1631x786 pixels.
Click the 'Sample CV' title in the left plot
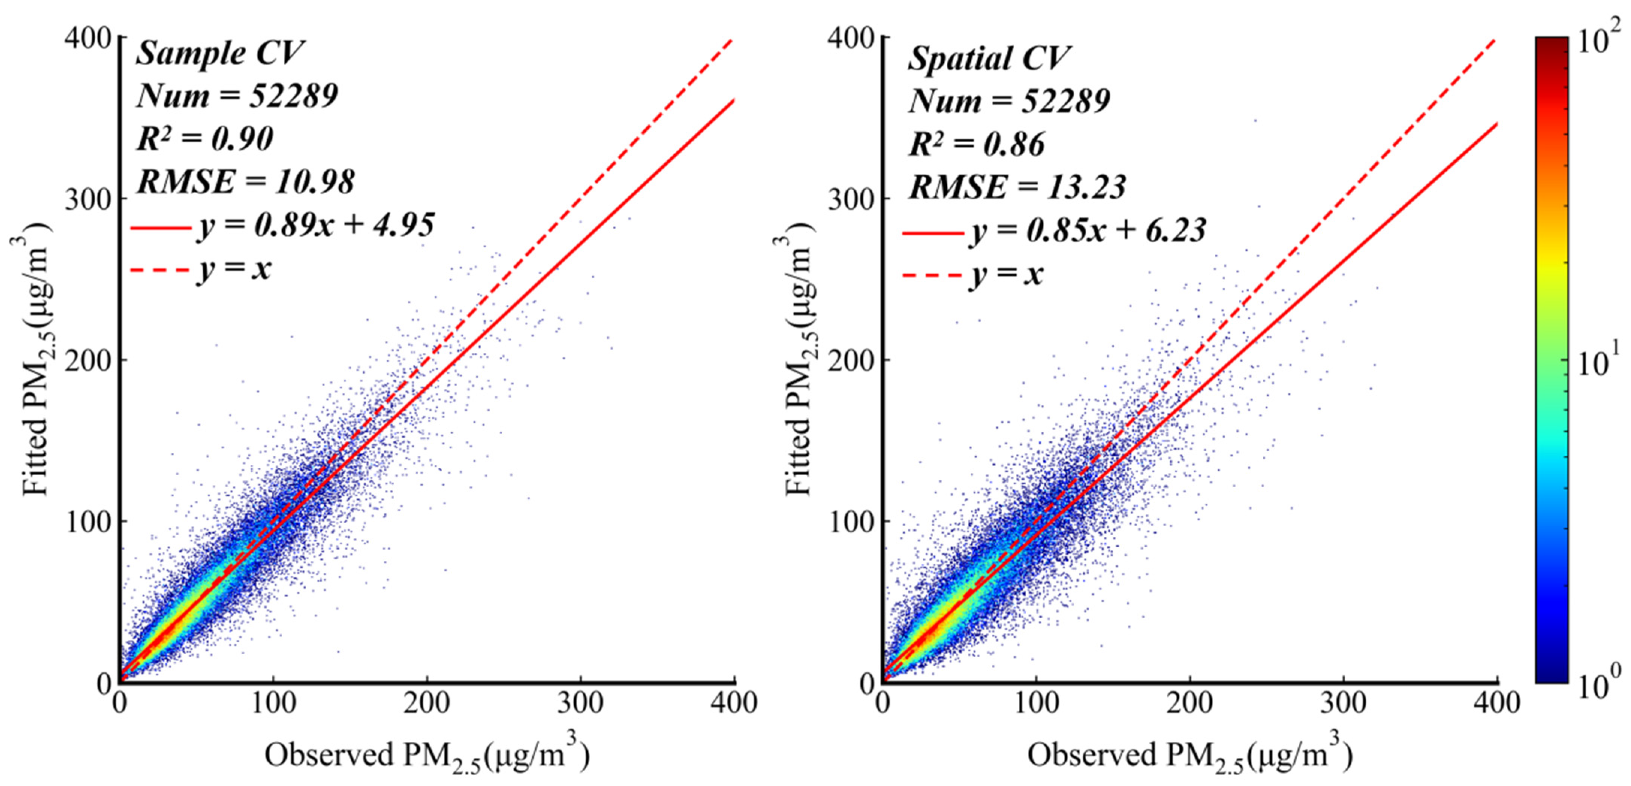220,53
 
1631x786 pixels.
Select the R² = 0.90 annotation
205,139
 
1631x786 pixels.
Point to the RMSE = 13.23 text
1017,187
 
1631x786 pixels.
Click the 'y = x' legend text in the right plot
1006,275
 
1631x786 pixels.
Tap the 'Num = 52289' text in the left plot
237,96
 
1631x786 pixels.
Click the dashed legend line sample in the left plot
160,270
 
